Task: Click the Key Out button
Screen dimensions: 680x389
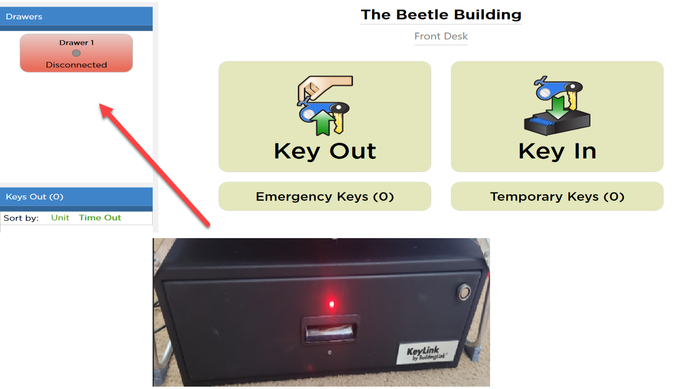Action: click(325, 116)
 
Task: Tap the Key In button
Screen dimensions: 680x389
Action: click(557, 116)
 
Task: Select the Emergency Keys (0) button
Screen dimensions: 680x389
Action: click(325, 196)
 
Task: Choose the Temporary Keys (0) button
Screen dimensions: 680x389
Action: click(557, 196)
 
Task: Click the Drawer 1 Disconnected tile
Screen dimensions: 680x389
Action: click(76, 53)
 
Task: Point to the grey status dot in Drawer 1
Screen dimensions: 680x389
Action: click(76, 53)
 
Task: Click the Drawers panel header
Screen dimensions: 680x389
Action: click(76, 17)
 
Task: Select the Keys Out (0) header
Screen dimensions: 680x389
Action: click(76, 197)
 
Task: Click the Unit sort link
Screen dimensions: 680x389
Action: click(60, 218)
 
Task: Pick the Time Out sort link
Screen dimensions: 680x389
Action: click(100, 218)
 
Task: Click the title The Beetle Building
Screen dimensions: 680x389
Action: click(441, 15)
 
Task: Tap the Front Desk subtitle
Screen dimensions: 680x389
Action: click(441, 36)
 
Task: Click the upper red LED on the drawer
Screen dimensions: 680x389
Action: click(331, 304)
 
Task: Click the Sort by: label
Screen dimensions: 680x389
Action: click(21, 218)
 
